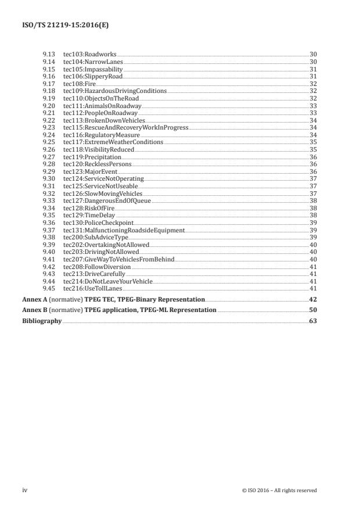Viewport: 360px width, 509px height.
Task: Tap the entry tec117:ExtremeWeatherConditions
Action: click(113, 142)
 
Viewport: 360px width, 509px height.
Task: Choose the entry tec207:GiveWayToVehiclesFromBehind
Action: click(118, 259)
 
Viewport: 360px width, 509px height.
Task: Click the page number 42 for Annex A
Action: click(312, 299)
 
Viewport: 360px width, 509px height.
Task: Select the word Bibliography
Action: click(42, 321)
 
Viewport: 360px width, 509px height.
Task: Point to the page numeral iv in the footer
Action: click(25, 490)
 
